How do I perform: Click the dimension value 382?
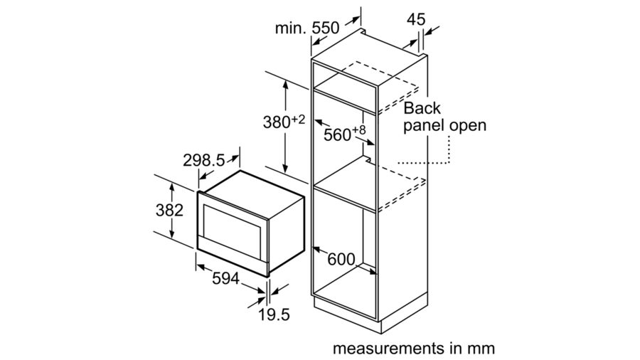coord(169,210)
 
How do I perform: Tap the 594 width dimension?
coord(225,279)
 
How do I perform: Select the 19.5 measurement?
coord(274,314)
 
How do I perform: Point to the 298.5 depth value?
coord(203,160)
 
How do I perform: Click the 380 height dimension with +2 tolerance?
coord(284,122)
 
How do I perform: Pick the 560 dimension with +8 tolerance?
coord(344,133)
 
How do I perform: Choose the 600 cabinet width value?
coord(341,259)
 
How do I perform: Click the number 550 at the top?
coord(325,28)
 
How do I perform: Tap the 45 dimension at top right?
coord(416,19)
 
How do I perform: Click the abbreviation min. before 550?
coord(290,28)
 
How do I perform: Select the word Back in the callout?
coord(422,108)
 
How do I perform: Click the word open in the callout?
coord(468,125)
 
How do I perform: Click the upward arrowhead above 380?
coord(286,85)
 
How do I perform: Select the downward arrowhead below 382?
coord(172,234)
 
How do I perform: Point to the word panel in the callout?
coord(424,126)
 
